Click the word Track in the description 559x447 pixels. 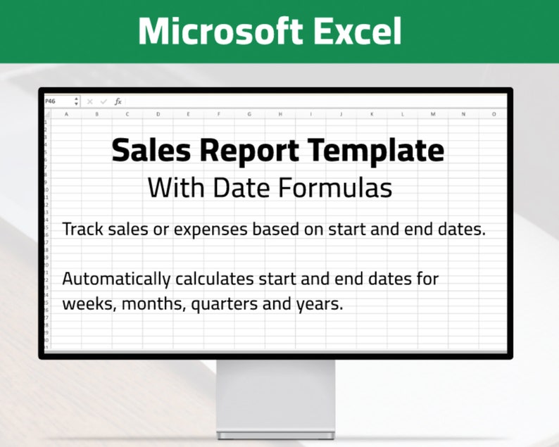point(82,229)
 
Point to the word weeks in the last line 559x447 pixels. point(87,304)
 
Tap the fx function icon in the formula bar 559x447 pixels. point(118,101)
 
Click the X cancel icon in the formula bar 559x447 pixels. point(89,101)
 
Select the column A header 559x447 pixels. point(66,113)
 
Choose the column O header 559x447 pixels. point(494,113)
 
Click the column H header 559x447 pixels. point(279,113)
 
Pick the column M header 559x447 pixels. point(432,113)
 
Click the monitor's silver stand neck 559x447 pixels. point(275,394)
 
